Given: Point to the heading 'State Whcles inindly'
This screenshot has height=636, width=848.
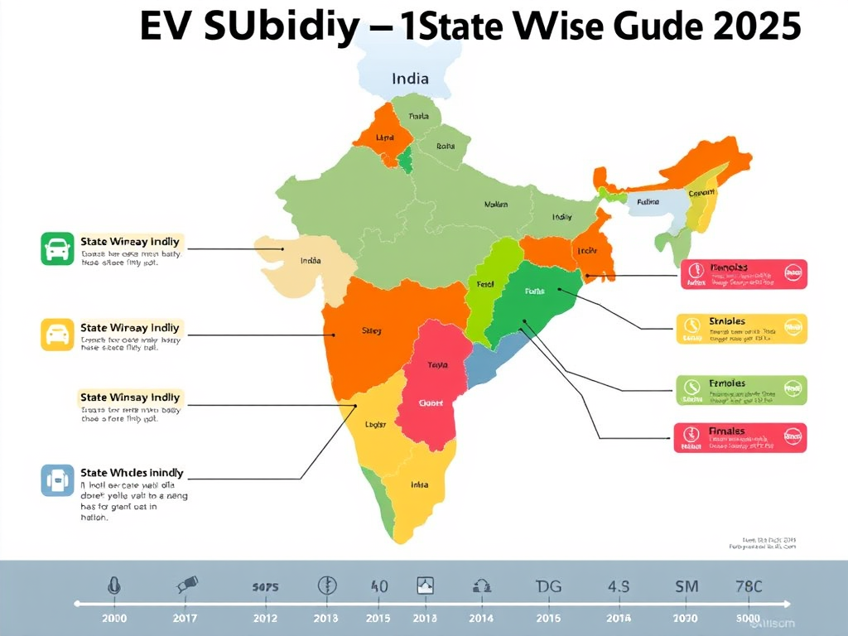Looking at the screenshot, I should (x=132, y=473).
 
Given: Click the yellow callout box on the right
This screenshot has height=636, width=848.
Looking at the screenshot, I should (x=741, y=328).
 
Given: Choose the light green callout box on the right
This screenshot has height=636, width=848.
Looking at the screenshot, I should (x=741, y=389).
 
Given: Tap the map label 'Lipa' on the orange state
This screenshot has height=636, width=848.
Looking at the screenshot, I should (x=385, y=137).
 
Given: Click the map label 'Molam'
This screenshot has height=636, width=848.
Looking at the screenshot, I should (x=496, y=204).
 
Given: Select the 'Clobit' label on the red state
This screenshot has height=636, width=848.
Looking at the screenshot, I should (x=431, y=403).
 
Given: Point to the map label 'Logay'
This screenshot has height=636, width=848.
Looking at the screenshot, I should (x=376, y=425).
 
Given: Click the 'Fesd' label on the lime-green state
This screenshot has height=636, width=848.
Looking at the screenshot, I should (x=485, y=284).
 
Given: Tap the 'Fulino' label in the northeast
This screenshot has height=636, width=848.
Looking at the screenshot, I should (x=648, y=200).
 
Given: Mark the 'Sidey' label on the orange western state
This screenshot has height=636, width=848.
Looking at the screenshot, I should (x=372, y=331).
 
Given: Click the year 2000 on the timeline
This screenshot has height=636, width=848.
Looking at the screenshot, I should (x=113, y=619).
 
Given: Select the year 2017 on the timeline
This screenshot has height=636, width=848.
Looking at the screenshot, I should (x=185, y=619).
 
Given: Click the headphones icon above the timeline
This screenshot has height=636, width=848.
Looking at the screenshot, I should (x=481, y=586).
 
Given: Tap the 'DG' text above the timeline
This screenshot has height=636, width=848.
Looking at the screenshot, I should (x=548, y=586).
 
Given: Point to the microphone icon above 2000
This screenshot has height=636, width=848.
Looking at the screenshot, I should (x=113, y=585).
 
